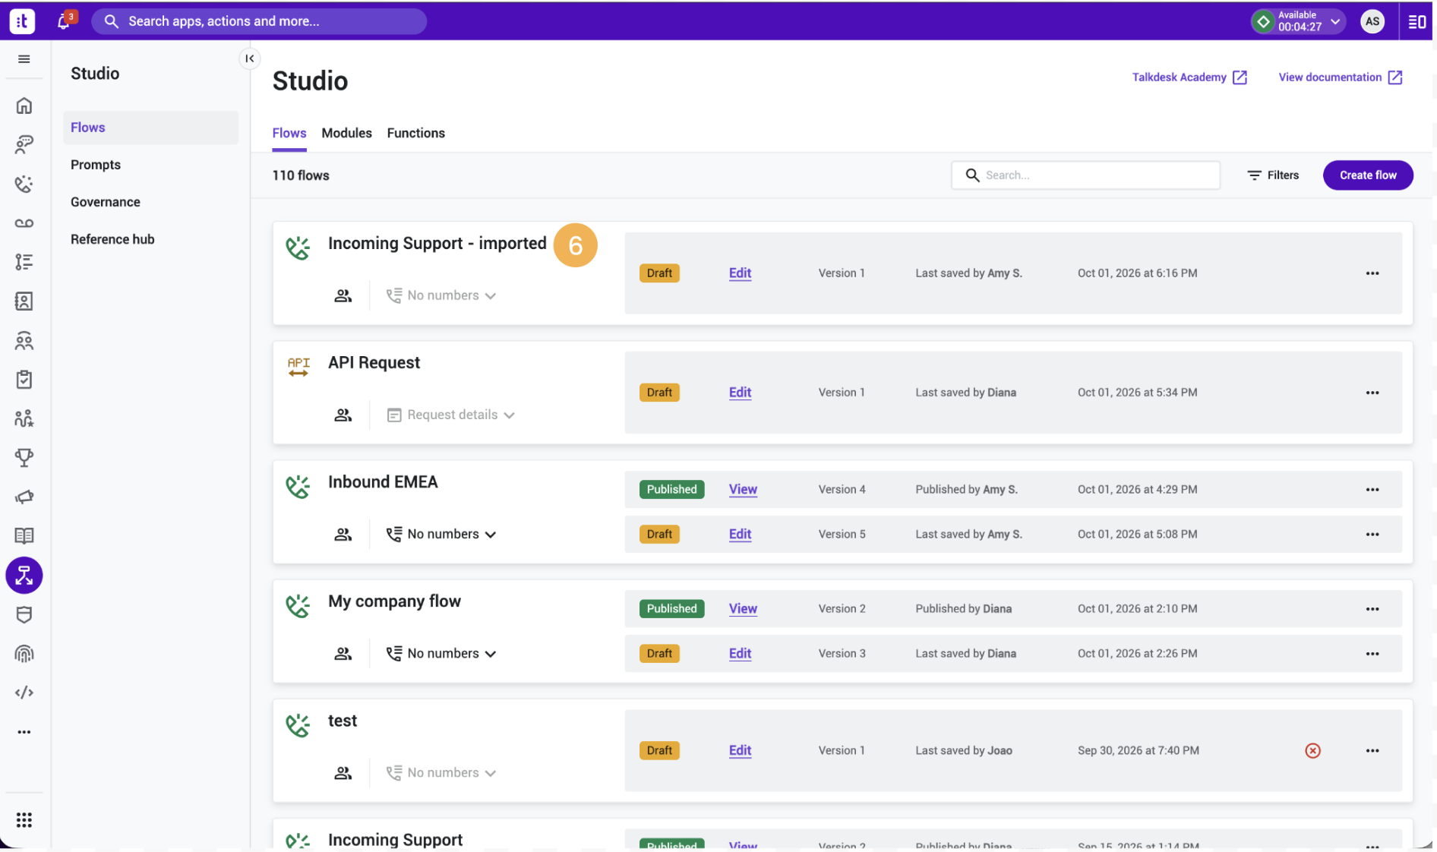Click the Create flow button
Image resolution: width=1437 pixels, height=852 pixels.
pyautogui.click(x=1367, y=175)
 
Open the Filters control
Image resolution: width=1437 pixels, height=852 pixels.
pyautogui.click(x=1273, y=175)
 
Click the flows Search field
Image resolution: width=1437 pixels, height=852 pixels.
pyautogui.click(x=1085, y=175)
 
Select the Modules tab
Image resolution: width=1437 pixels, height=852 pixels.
pyautogui.click(x=346, y=133)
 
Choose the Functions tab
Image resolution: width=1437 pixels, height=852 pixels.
pyautogui.click(x=415, y=133)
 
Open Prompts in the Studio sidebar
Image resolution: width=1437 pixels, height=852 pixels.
pyautogui.click(x=96, y=165)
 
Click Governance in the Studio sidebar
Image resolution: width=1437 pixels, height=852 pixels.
pyautogui.click(x=106, y=202)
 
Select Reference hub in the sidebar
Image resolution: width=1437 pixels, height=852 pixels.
pyautogui.click(x=112, y=239)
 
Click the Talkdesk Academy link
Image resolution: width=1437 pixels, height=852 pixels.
pyautogui.click(x=1189, y=77)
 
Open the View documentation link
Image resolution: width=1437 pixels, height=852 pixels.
pyautogui.click(x=1340, y=77)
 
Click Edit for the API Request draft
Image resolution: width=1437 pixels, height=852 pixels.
pyautogui.click(x=740, y=393)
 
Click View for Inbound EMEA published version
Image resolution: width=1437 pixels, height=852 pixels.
pyautogui.click(x=743, y=490)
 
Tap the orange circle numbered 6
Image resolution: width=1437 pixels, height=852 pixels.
pyautogui.click(x=575, y=245)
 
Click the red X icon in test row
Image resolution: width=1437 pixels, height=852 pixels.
pyautogui.click(x=1312, y=750)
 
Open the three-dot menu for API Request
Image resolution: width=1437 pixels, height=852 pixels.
pyautogui.click(x=1372, y=393)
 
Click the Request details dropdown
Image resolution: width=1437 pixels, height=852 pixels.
pyautogui.click(x=451, y=415)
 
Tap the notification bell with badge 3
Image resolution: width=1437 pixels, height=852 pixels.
pyautogui.click(x=65, y=21)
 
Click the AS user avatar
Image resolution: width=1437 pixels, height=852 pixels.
pyautogui.click(x=1372, y=21)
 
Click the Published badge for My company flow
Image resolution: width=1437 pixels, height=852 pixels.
pyautogui.click(x=671, y=609)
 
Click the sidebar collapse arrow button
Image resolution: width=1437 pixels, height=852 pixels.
pyautogui.click(x=249, y=58)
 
